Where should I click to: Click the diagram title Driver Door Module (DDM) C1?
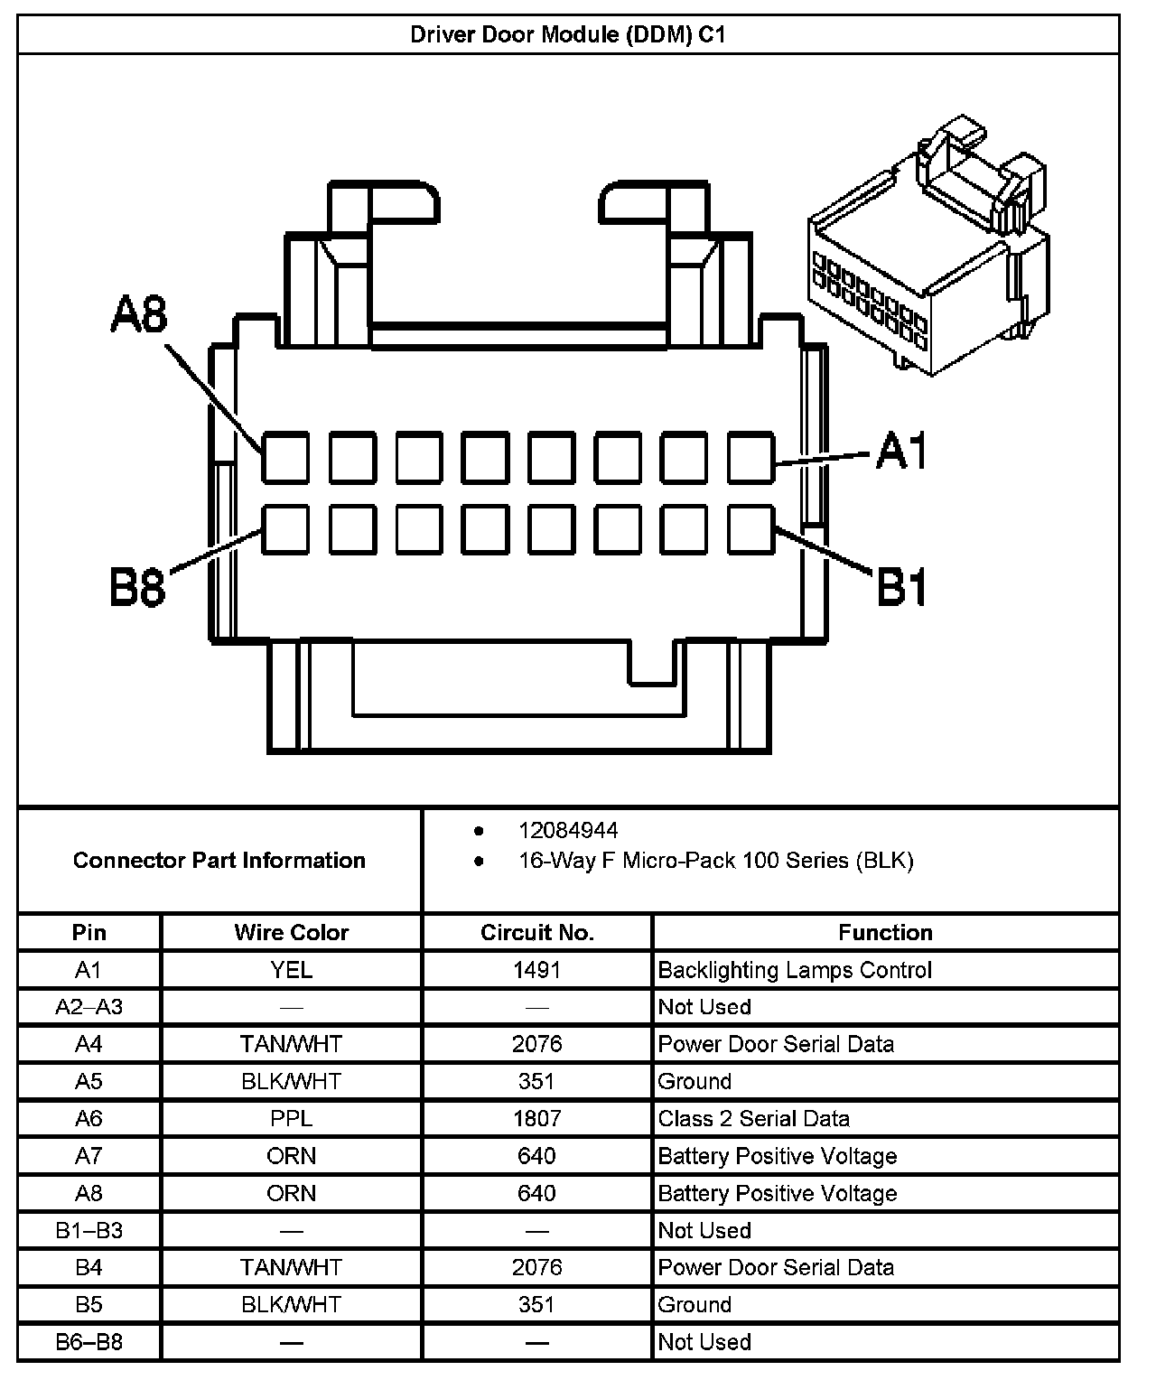point(567,34)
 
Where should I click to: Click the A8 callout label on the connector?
point(139,314)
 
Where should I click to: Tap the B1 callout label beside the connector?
point(902,587)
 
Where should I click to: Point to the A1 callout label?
point(902,451)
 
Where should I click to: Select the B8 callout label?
point(137,587)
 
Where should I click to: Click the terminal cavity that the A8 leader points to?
point(286,457)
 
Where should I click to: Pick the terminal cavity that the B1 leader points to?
point(750,529)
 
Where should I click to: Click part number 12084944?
point(568,830)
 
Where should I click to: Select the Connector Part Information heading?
point(219,860)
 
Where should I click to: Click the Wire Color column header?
point(291,932)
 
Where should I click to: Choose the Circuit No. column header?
point(536,932)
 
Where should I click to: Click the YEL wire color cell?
point(291,970)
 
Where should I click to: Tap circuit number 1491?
point(536,970)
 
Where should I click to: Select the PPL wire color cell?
point(291,1118)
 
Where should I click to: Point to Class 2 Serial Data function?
point(753,1118)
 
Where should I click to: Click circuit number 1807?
point(536,1118)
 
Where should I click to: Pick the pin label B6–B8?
point(89,1341)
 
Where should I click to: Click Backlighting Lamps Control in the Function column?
point(795,970)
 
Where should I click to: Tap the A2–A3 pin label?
point(89,1007)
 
